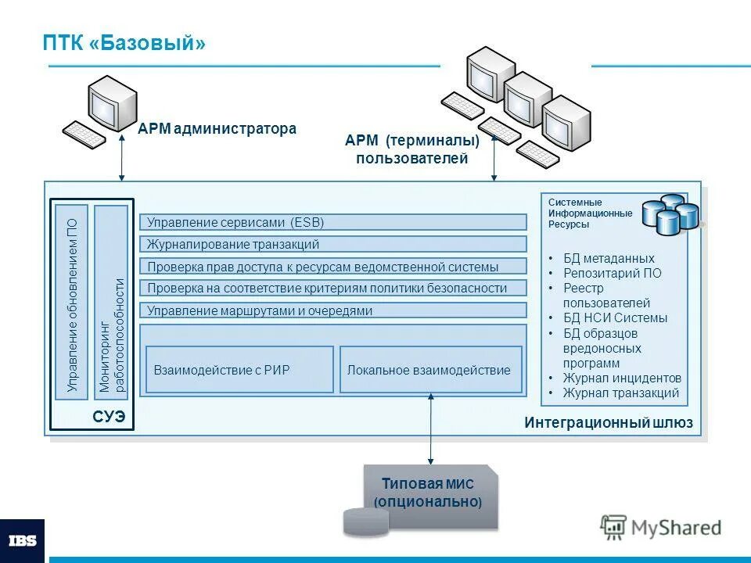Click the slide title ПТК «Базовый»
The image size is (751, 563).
click(124, 43)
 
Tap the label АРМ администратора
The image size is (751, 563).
click(217, 129)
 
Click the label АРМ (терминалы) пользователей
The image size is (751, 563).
click(412, 149)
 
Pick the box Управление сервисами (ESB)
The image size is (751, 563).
click(333, 222)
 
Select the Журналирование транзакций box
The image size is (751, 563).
click(333, 244)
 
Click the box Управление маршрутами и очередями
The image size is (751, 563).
click(333, 310)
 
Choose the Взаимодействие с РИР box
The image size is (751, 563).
click(239, 370)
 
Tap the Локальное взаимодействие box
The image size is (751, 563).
click(430, 370)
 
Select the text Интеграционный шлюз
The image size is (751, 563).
click(608, 424)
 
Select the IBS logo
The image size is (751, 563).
click(22, 540)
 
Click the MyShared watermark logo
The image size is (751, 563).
click(661, 528)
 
